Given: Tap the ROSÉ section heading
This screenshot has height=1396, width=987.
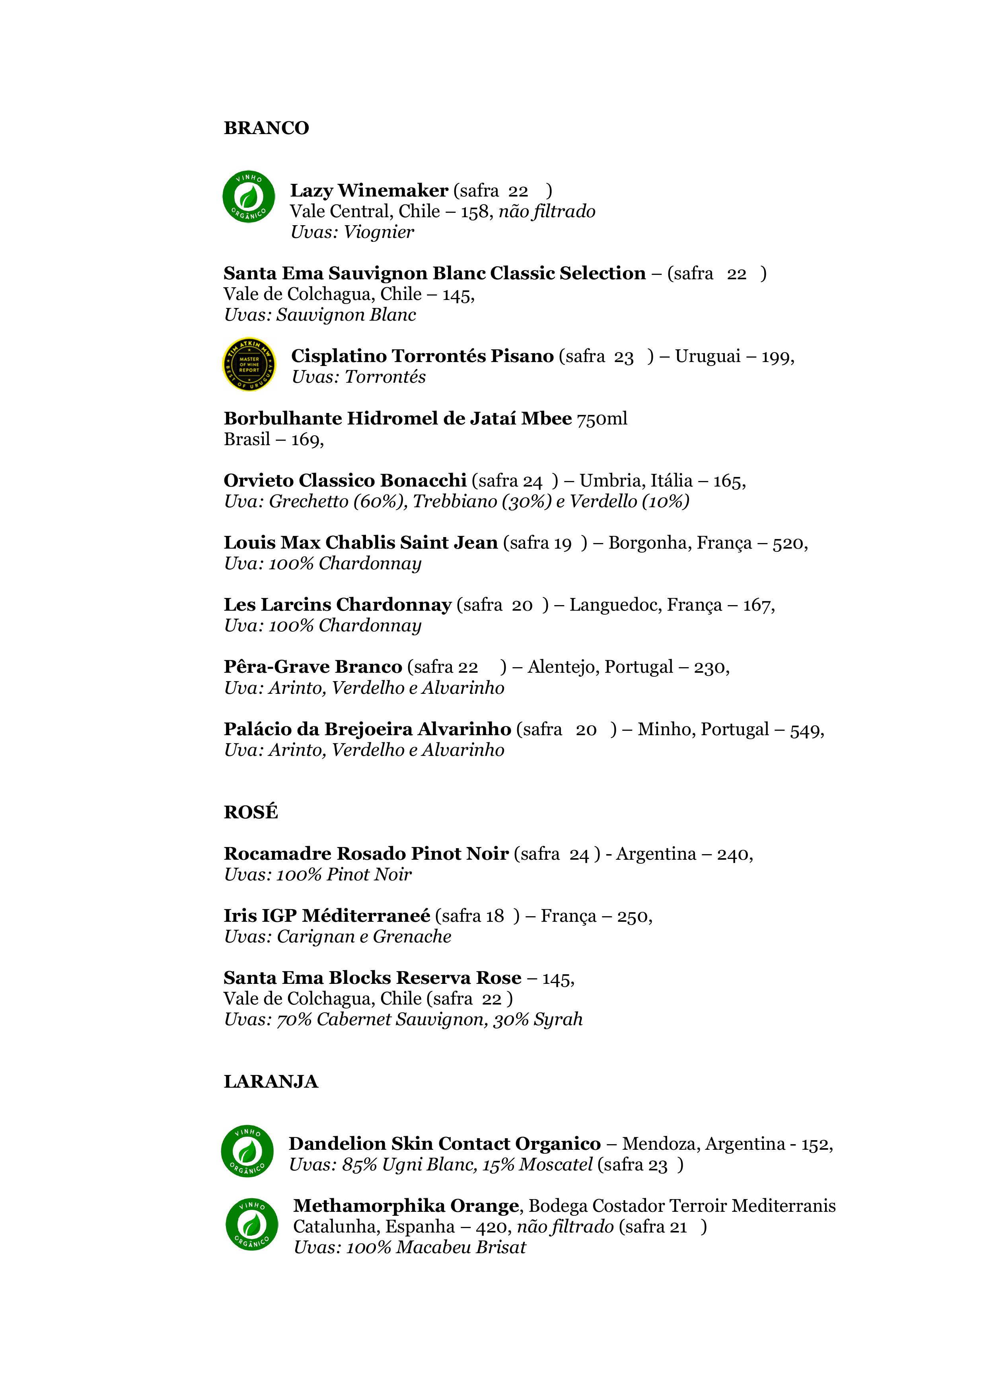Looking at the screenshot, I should [251, 812].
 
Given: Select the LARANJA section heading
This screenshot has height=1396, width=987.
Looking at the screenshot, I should [271, 1082].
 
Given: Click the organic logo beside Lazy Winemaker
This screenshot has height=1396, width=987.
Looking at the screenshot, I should [248, 197].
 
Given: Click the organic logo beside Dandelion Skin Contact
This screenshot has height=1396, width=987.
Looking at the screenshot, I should [247, 1151].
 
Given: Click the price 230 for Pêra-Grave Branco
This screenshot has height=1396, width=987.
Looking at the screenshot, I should [709, 668].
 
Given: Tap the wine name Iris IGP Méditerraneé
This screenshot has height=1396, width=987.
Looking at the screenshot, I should [327, 916].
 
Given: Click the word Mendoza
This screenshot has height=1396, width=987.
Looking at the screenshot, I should [660, 1144].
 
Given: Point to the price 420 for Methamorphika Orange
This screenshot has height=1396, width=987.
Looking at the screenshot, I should [491, 1227].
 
